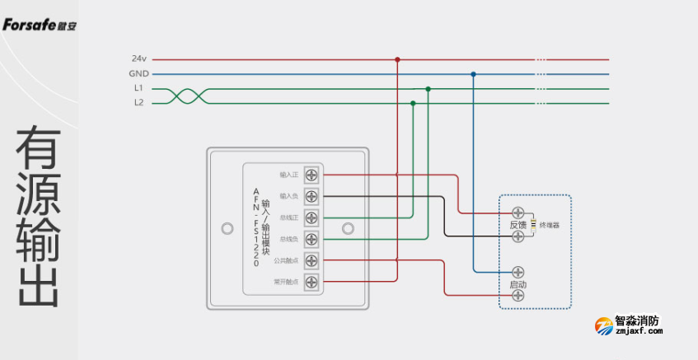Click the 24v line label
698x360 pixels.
(x=138, y=59)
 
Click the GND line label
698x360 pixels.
(x=138, y=73)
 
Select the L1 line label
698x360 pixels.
(x=138, y=88)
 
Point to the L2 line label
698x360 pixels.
(x=138, y=103)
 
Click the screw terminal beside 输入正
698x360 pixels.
(x=311, y=175)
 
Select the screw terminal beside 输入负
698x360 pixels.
(x=311, y=196)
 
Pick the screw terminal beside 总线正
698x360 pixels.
(x=311, y=217)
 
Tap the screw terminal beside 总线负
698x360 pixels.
(x=311, y=239)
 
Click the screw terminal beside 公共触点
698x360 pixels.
(x=311, y=260)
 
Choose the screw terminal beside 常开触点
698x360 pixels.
(x=311, y=282)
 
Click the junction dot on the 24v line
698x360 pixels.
(x=397, y=59)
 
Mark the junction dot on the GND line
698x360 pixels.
(x=473, y=74)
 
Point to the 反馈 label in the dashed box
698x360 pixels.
(x=518, y=225)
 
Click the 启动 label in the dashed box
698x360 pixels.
(x=518, y=284)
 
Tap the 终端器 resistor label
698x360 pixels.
(x=550, y=224)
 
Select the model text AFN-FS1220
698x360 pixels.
(x=255, y=227)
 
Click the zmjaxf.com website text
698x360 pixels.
(x=639, y=331)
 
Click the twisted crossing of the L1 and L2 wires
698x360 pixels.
(x=186, y=96)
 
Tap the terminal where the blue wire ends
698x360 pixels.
(x=518, y=271)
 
